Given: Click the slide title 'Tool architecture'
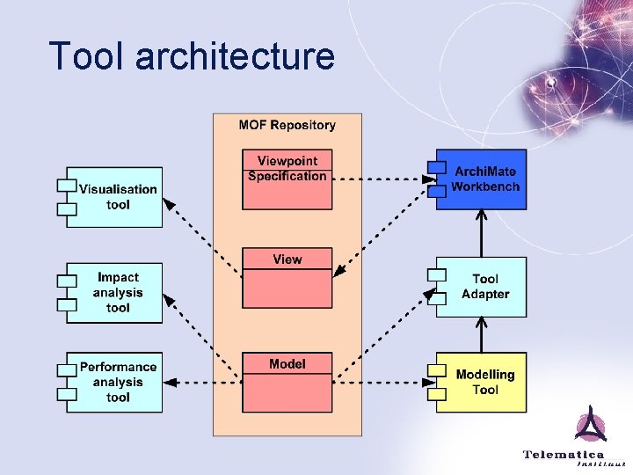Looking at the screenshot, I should [x=192, y=56].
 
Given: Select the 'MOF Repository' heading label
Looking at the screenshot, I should [x=287, y=125].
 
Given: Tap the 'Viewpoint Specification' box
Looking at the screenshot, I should [x=287, y=179].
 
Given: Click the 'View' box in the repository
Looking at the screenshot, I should [x=287, y=278].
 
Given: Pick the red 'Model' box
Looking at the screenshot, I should [x=287, y=383].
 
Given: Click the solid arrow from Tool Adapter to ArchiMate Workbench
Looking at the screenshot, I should [x=481, y=233].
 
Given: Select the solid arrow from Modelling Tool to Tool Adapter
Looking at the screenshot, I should [x=481, y=335].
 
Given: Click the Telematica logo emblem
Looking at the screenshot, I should [x=591, y=426].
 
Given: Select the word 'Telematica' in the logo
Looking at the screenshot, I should [x=564, y=454].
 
